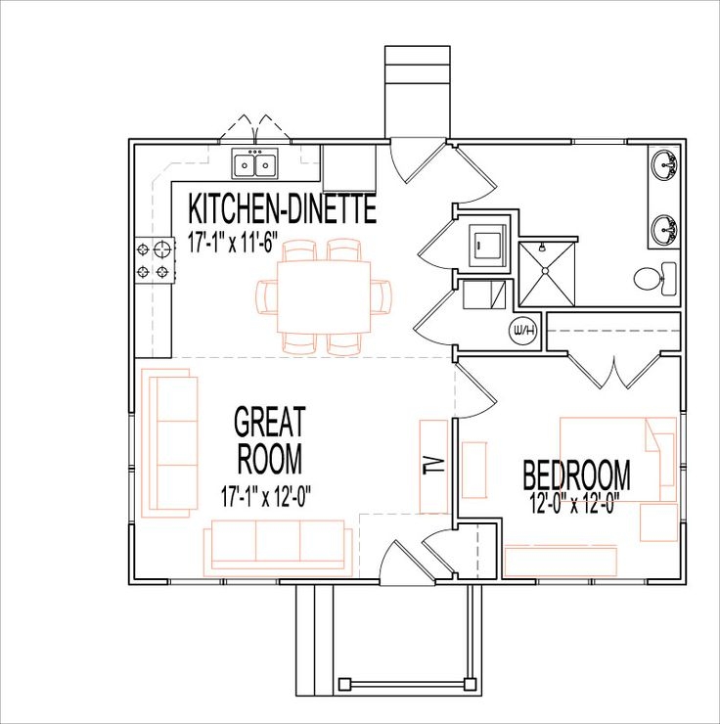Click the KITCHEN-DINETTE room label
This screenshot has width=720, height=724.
pos(282,209)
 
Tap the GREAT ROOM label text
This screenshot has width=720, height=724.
pos(269,440)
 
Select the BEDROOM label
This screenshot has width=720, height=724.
pos(576,476)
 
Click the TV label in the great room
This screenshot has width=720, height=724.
pos(434,465)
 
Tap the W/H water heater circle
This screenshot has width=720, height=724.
pos(523,332)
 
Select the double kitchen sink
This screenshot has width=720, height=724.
pos(255,163)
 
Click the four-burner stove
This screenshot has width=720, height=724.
pos(152,260)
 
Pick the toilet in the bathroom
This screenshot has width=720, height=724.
pos(652,277)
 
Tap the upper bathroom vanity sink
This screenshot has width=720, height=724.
pos(666,166)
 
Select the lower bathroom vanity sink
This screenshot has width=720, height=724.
pos(666,231)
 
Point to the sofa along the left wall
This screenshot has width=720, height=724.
pos(168,442)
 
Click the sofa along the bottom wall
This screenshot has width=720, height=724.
pos(279,546)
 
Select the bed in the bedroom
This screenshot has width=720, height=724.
pos(615,458)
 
